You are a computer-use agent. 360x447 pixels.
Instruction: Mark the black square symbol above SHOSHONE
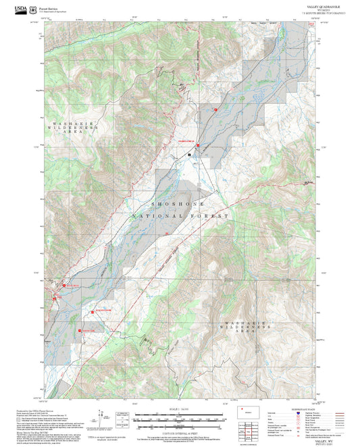190,155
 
